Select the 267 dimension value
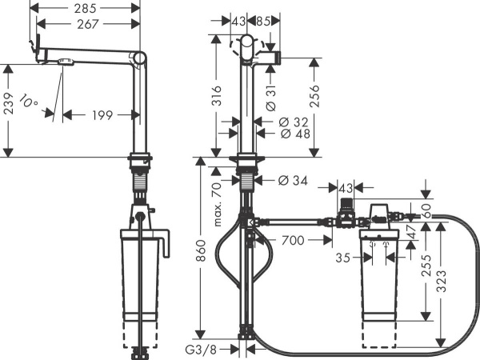coord(87,26)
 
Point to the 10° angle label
coord(30,102)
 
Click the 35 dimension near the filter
coord(342,258)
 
